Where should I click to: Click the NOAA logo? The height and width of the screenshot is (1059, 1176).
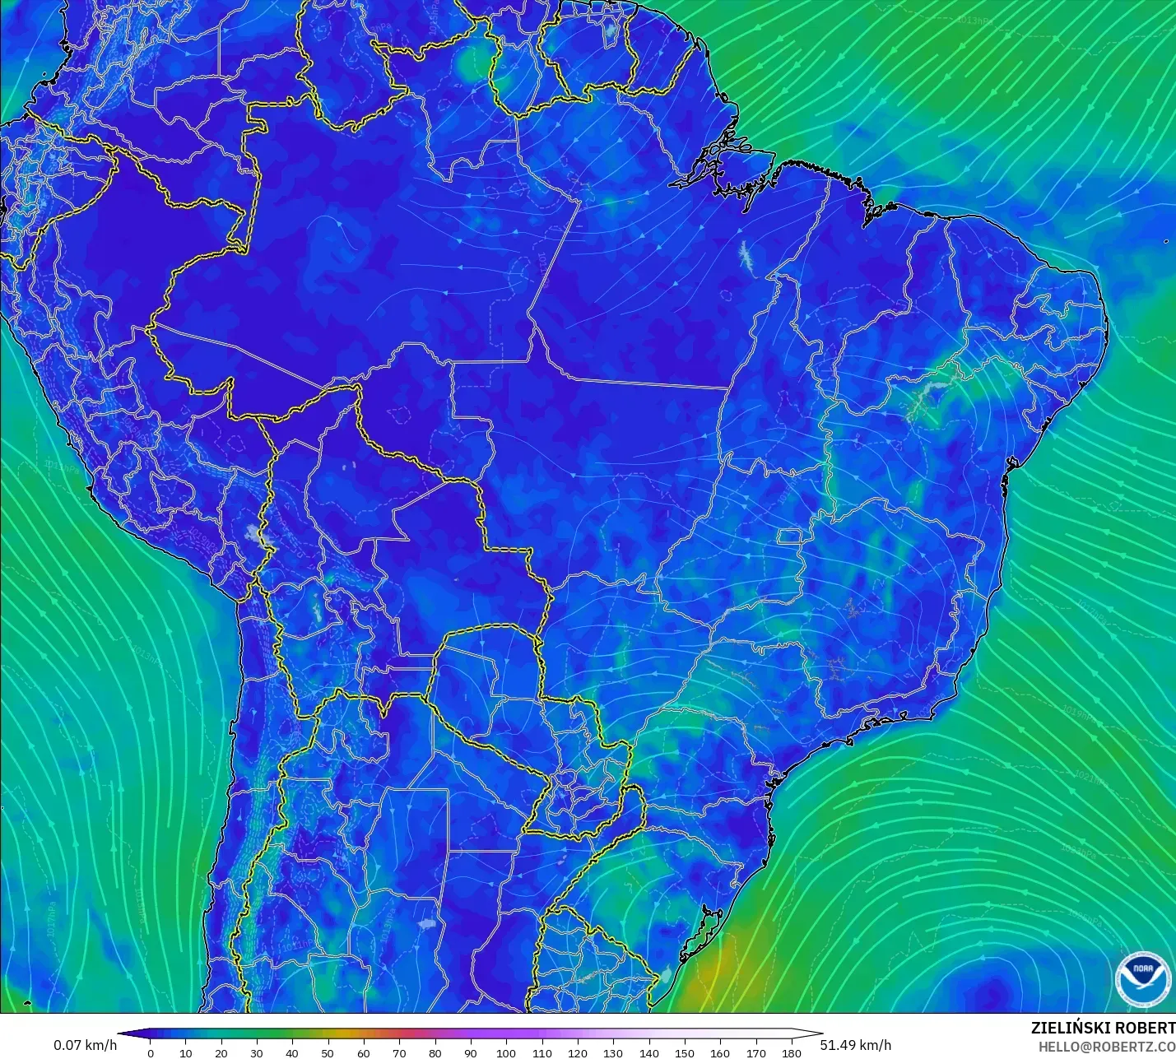[x=1142, y=978]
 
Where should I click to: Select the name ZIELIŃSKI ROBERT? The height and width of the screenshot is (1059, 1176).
[x=1103, y=1028]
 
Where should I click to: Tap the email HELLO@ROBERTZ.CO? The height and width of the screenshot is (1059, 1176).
[x=1106, y=1047]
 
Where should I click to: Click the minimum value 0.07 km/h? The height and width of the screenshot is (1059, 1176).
[x=86, y=1045]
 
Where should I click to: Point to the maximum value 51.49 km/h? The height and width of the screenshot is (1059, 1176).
[x=855, y=1045]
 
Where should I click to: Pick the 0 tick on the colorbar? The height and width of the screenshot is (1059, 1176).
[x=150, y=1053]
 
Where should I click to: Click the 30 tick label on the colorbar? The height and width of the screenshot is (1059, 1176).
[x=257, y=1053]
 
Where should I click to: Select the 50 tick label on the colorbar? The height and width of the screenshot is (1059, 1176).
[x=328, y=1053]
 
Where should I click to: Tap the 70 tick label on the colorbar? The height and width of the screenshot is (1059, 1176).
[x=399, y=1053]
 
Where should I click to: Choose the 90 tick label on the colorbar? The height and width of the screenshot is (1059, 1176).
[x=471, y=1053]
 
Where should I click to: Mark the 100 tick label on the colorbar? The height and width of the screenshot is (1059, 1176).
[x=506, y=1053]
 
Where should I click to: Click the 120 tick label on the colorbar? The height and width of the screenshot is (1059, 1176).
[x=577, y=1053]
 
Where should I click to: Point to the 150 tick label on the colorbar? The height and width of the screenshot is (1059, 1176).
[x=684, y=1053]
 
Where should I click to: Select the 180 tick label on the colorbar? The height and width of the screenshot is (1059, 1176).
[x=791, y=1053]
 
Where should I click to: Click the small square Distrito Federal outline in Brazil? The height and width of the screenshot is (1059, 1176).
[x=790, y=538]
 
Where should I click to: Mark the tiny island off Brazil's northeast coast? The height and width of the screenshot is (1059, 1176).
[x=1166, y=241]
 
